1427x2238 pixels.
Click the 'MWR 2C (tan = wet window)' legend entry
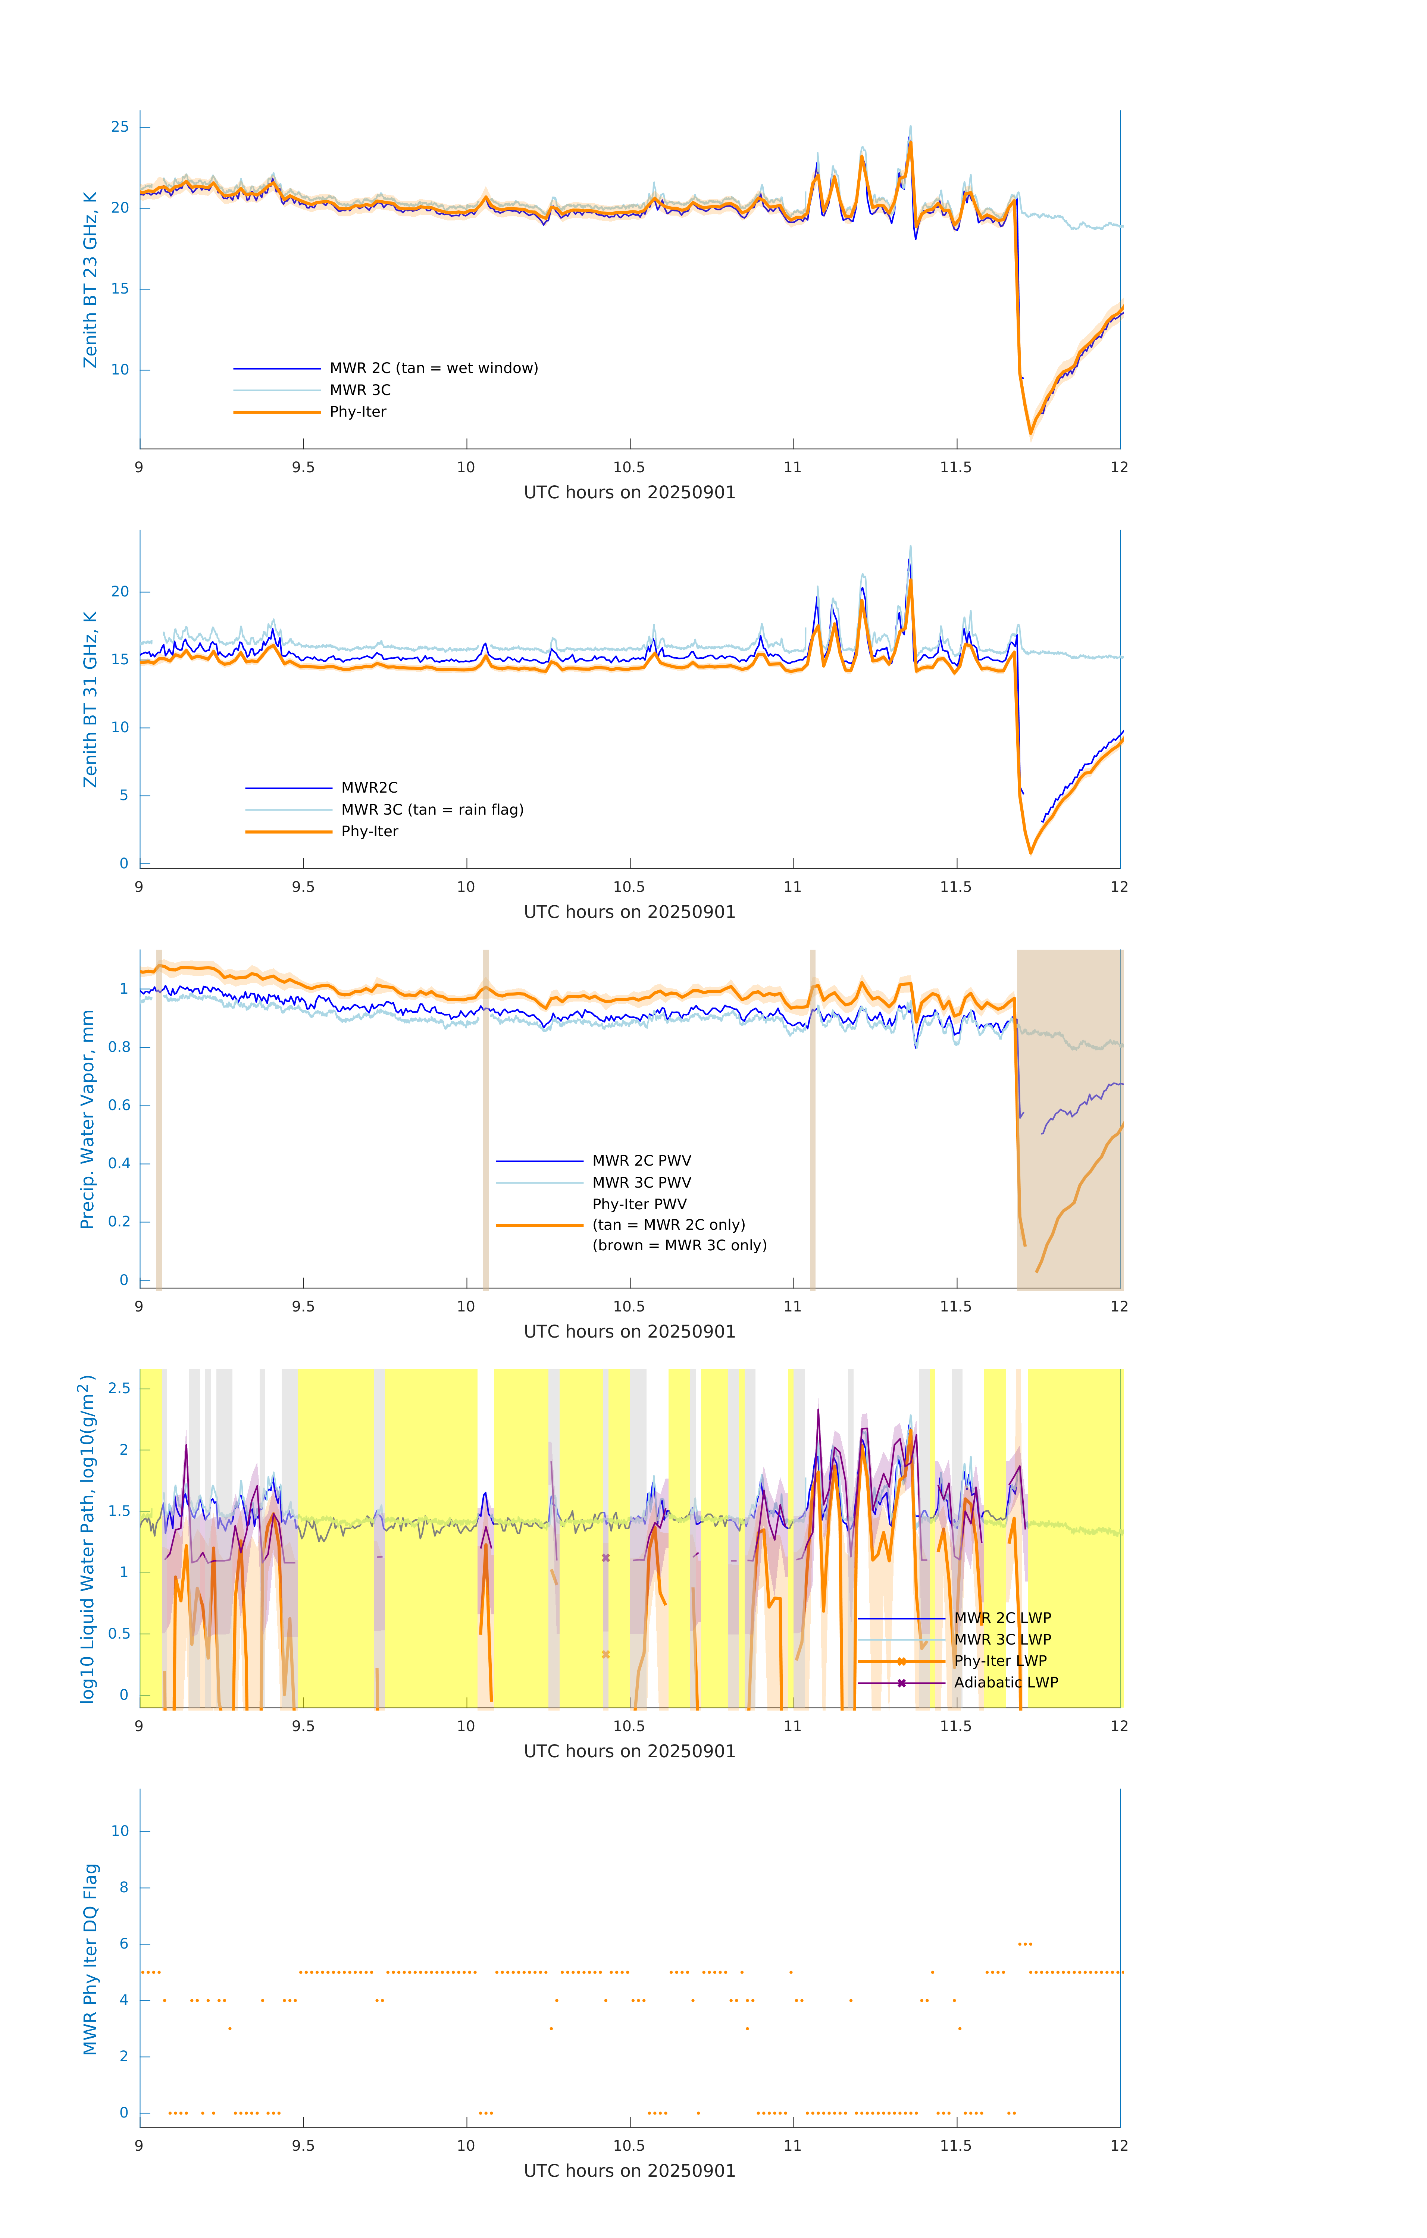point(433,368)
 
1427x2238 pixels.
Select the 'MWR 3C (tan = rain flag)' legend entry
point(432,809)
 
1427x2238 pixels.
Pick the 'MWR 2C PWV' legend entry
point(641,1161)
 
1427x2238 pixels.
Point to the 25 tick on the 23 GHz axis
point(120,126)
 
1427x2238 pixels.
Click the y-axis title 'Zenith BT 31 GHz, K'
point(90,699)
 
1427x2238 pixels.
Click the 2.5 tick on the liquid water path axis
point(119,1389)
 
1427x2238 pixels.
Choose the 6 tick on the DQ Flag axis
point(123,1943)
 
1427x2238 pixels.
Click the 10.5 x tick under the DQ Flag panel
point(629,2145)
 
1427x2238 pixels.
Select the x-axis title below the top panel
point(629,493)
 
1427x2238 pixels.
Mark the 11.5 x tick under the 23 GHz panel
point(956,467)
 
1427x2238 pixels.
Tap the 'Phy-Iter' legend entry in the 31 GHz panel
point(369,831)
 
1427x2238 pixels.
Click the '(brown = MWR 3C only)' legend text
point(680,1245)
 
